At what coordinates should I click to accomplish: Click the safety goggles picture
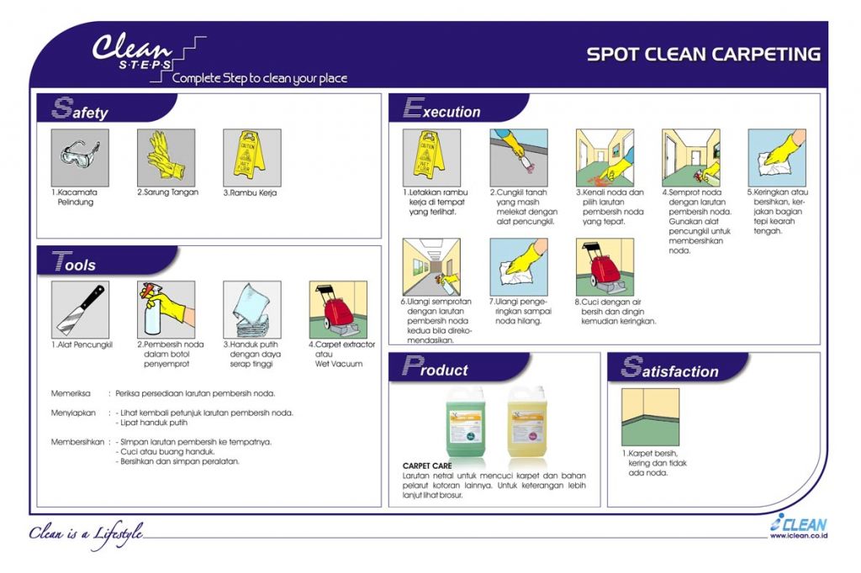point(80,157)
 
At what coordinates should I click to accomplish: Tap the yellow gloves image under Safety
point(166,157)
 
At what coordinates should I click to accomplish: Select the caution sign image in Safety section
point(251,157)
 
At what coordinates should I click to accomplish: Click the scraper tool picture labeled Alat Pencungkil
point(80,309)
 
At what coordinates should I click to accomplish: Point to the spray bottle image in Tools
point(166,309)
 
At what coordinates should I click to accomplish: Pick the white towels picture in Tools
point(251,309)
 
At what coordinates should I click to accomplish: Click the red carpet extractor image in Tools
point(338,309)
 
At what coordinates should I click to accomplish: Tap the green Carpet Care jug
point(466,423)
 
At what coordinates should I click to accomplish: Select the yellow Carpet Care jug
point(528,423)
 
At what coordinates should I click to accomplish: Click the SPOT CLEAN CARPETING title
point(703,55)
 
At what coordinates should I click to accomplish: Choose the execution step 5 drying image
point(777,157)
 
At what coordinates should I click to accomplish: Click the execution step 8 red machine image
point(605,266)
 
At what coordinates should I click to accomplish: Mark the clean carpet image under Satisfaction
point(650,417)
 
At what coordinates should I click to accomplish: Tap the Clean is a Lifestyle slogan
point(86,533)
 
